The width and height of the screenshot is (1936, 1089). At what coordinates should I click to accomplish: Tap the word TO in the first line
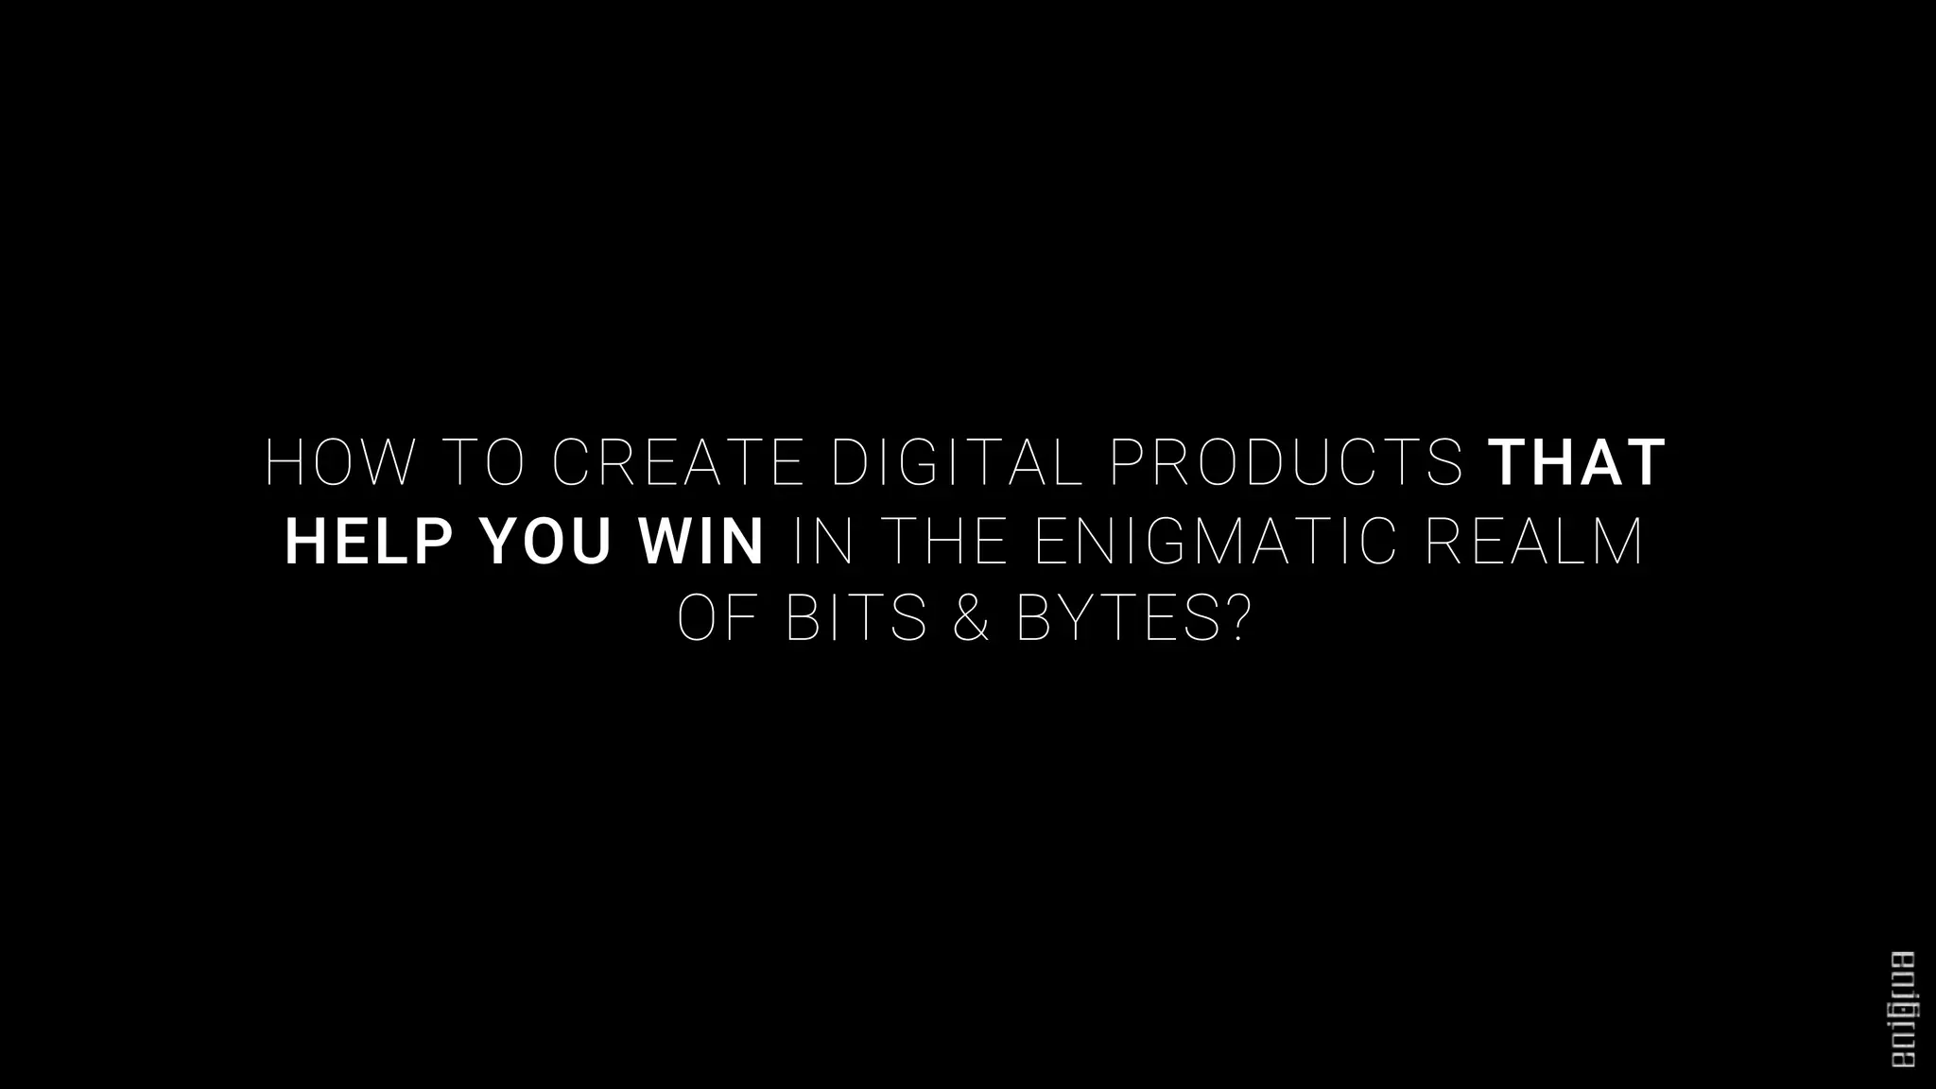coord(483,463)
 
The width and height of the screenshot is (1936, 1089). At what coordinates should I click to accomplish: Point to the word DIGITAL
coord(956,463)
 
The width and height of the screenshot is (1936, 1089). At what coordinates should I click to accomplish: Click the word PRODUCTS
coord(1286,463)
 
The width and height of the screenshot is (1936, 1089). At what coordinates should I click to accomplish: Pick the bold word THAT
coord(1578,463)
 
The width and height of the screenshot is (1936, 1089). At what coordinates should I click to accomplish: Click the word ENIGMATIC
coord(1215,542)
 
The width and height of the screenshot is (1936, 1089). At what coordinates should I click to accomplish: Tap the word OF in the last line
coord(717,619)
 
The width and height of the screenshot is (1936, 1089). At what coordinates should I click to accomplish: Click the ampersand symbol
coord(972,619)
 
